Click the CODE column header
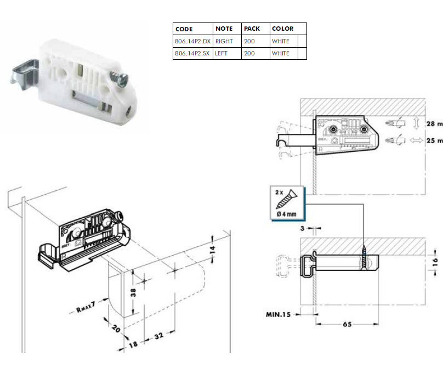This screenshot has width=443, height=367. (x=184, y=29)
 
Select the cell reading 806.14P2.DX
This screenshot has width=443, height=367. (x=192, y=41)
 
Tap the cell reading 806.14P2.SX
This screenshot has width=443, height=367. (x=192, y=53)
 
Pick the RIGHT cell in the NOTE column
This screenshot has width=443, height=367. (x=224, y=41)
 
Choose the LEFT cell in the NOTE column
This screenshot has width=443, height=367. (x=222, y=53)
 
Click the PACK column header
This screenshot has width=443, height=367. (x=252, y=29)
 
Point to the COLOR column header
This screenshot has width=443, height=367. (x=282, y=29)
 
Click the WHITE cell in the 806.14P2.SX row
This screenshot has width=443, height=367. (x=281, y=53)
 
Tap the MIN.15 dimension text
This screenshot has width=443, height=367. (x=278, y=314)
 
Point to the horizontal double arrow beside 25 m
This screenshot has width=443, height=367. (x=416, y=140)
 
